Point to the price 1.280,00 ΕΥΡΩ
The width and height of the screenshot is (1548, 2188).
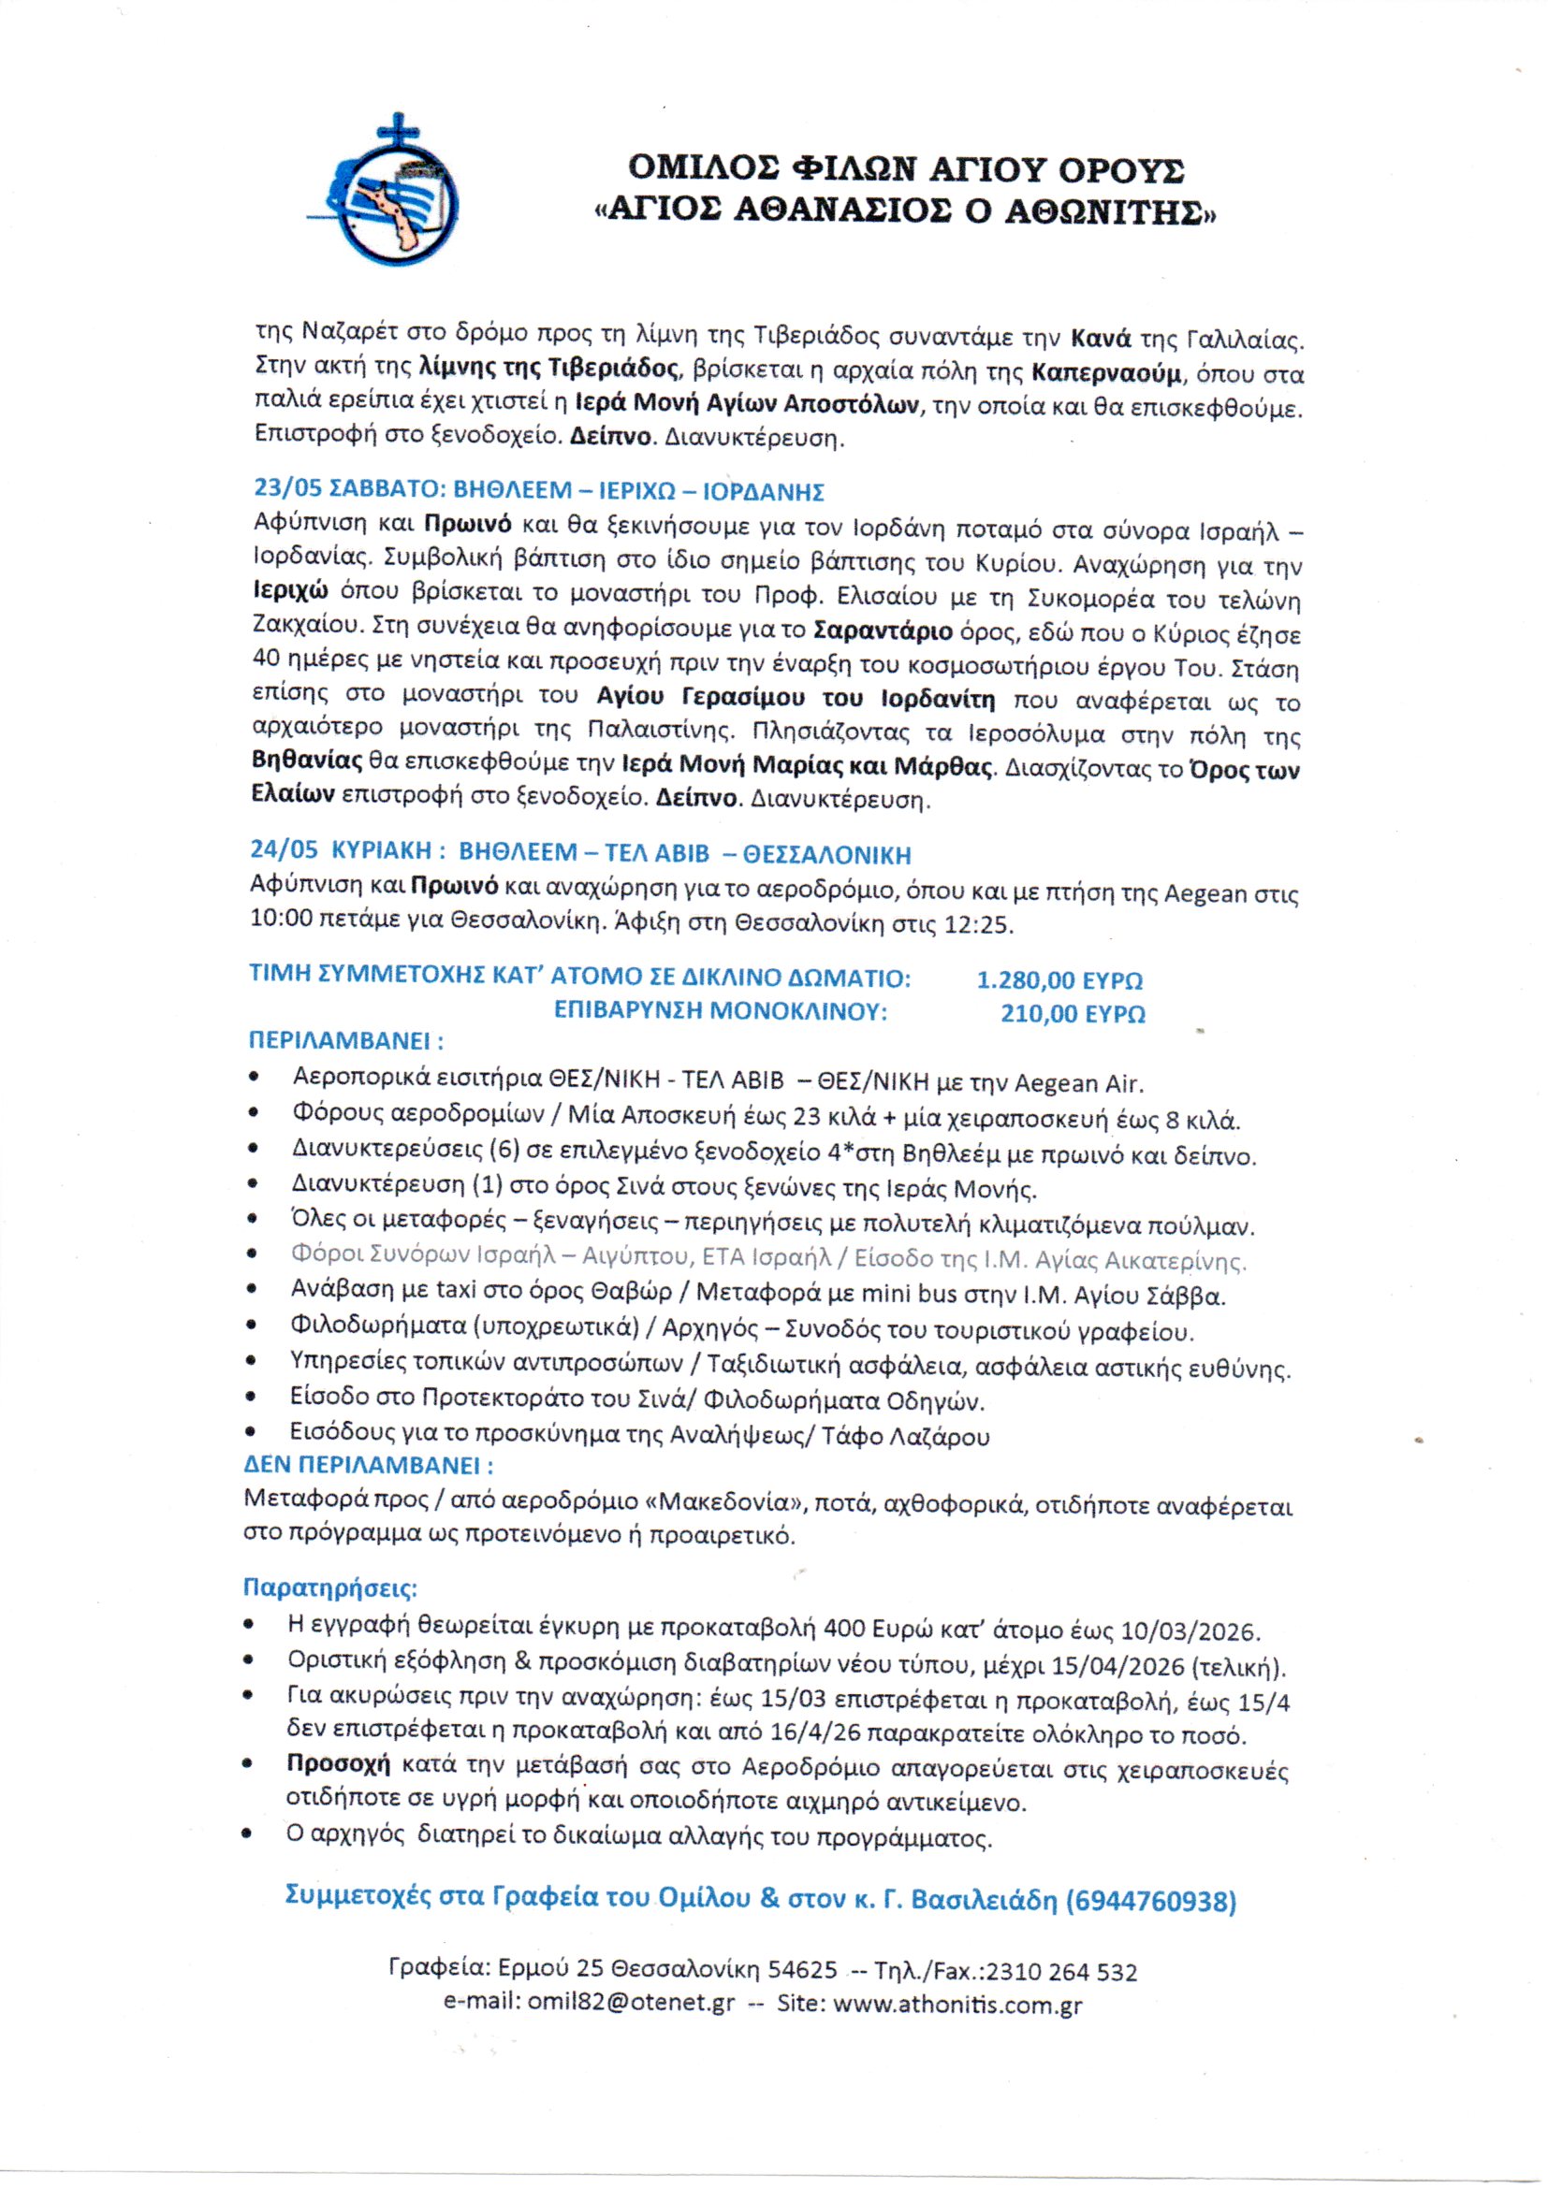tap(1059, 979)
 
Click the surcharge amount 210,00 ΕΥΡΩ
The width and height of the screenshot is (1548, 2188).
tap(1073, 1014)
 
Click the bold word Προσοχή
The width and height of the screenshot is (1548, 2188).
tap(340, 1765)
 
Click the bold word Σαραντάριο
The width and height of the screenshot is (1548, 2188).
tap(883, 630)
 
